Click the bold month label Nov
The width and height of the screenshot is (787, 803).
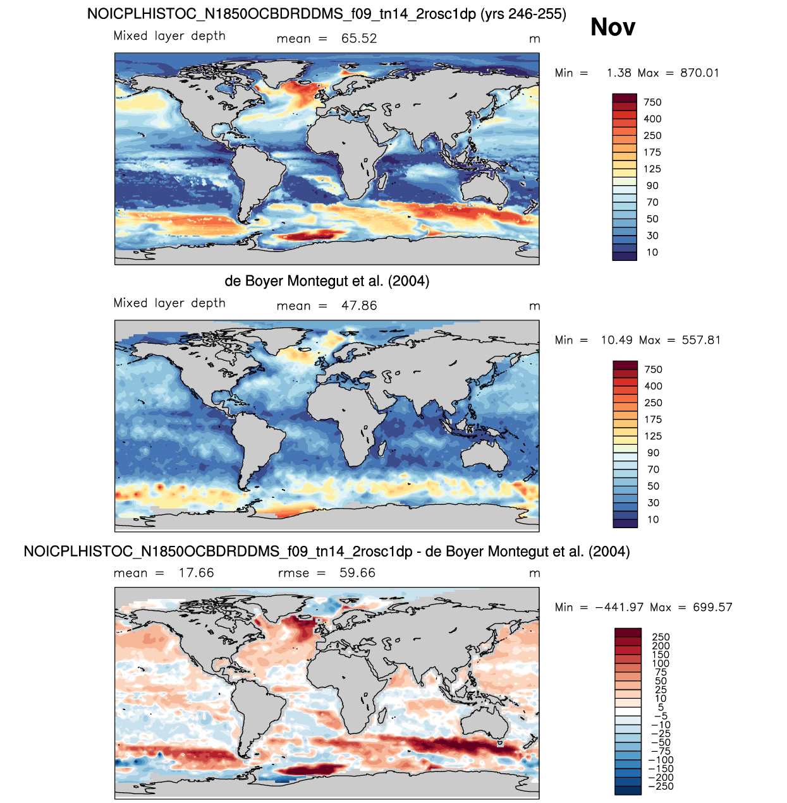pyautogui.click(x=613, y=27)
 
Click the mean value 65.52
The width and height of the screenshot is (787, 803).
pyautogui.click(x=358, y=39)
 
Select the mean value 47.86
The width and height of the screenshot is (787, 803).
pyautogui.click(x=358, y=306)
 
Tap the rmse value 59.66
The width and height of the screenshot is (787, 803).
pyautogui.click(x=357, y=573)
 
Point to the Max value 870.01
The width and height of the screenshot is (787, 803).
pyautogui.click(x=699, y=73)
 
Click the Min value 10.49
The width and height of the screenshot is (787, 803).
pyautogui.click(x=616, y=340)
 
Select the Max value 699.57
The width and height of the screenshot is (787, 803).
pyautogui.click(x=712, y=607)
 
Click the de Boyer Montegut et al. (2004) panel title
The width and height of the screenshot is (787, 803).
pyautogui.click(x=327, y=281)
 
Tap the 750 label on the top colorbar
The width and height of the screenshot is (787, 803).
pyautogui.click(x=652, y=102)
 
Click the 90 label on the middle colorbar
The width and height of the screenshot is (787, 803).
pyautogui.click(x=653, y=453)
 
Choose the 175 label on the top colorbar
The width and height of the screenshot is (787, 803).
pyautogui.click(x=652, y=152)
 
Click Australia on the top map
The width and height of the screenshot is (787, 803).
pyautogui.click(x=485, y=190)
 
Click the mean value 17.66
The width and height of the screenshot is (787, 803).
pyautogui.click(x=196, y=573)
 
